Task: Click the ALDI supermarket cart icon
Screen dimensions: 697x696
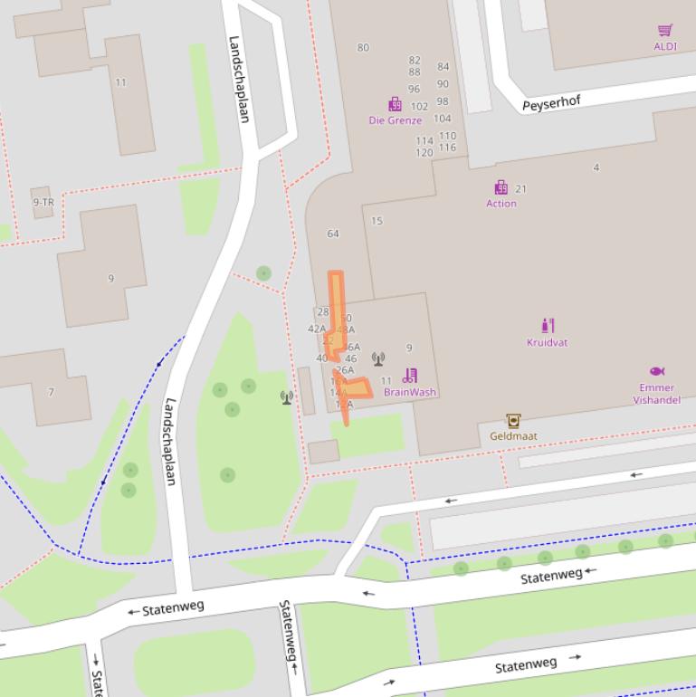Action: [665, 31]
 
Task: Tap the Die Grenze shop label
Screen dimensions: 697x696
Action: [395, 120]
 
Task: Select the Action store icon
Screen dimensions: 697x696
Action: [501, 187]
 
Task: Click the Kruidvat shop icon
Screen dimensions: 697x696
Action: [548, 326]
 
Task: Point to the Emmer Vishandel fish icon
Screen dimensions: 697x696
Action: [657, 371]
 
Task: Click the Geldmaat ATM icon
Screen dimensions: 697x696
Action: [513, 420]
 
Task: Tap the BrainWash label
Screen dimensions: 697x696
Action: [410, 393]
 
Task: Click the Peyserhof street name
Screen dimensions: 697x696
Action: [551, 103]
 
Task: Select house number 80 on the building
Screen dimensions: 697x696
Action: [363, 48]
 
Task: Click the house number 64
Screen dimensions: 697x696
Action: [333, 234]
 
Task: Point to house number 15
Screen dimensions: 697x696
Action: [377, 221]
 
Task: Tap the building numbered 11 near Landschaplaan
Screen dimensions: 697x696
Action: [120, 82]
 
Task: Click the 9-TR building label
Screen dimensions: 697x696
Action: [43, 203]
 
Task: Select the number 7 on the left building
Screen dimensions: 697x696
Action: [51, 392]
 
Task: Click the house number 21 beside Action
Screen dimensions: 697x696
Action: [520, 189]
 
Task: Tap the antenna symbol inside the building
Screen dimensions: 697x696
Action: [378, 359]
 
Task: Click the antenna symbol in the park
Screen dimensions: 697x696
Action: [287, 396]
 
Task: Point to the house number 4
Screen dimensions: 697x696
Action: [596, 167]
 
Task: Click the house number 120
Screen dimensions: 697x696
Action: [424, 153]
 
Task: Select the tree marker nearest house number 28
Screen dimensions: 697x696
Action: [263, 272]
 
